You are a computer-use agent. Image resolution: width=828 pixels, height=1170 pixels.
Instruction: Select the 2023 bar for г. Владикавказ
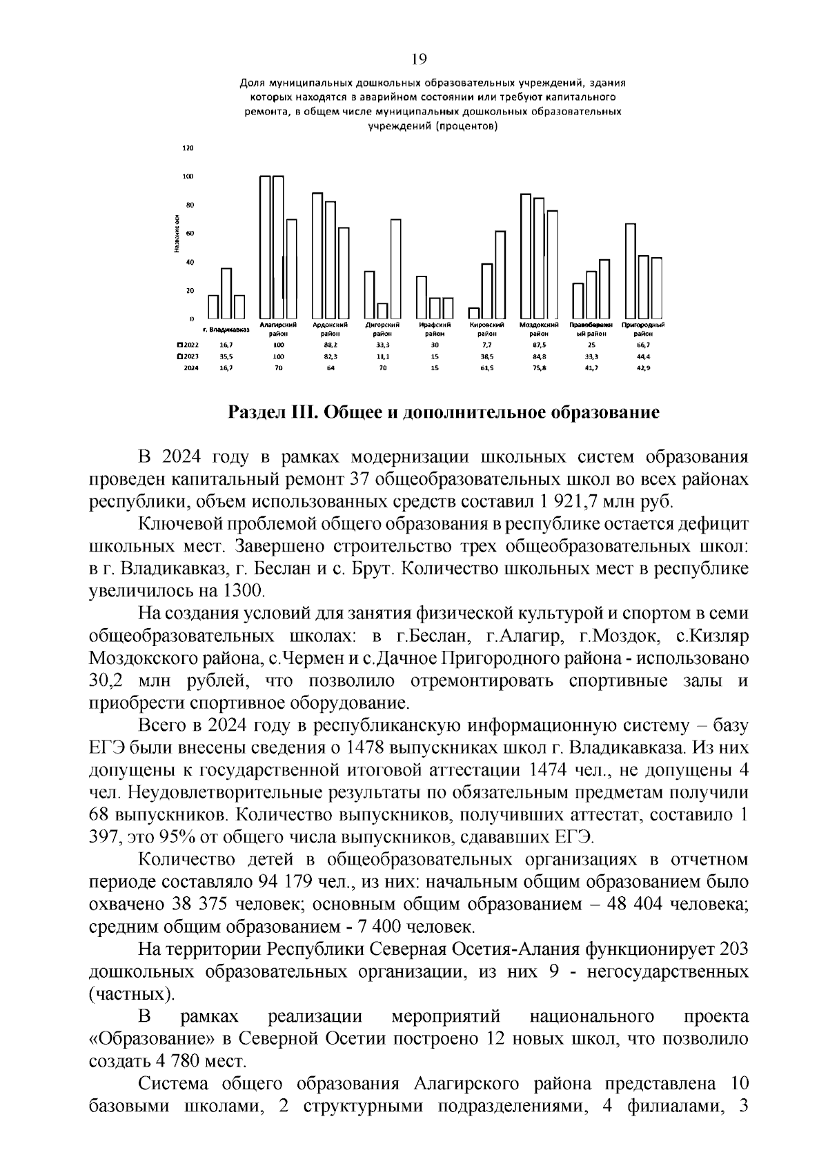(x=226, y=293)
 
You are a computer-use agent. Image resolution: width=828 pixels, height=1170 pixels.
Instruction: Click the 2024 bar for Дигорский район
(x=395, y=269)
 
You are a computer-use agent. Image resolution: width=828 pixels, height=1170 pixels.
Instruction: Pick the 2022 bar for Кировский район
(x=474, y=313)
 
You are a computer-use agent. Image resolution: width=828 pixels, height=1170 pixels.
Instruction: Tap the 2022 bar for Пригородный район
(x=630, y=270)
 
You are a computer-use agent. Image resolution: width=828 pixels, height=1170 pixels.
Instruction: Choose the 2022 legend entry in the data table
(x=188, y=344)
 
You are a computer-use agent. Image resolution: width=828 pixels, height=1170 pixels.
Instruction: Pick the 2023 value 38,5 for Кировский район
(x=486, y=356)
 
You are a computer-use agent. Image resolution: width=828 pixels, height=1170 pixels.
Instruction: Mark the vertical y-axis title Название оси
(x=177, y=234)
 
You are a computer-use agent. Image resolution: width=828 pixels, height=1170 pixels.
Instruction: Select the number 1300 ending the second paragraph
(x=243, y=591)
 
